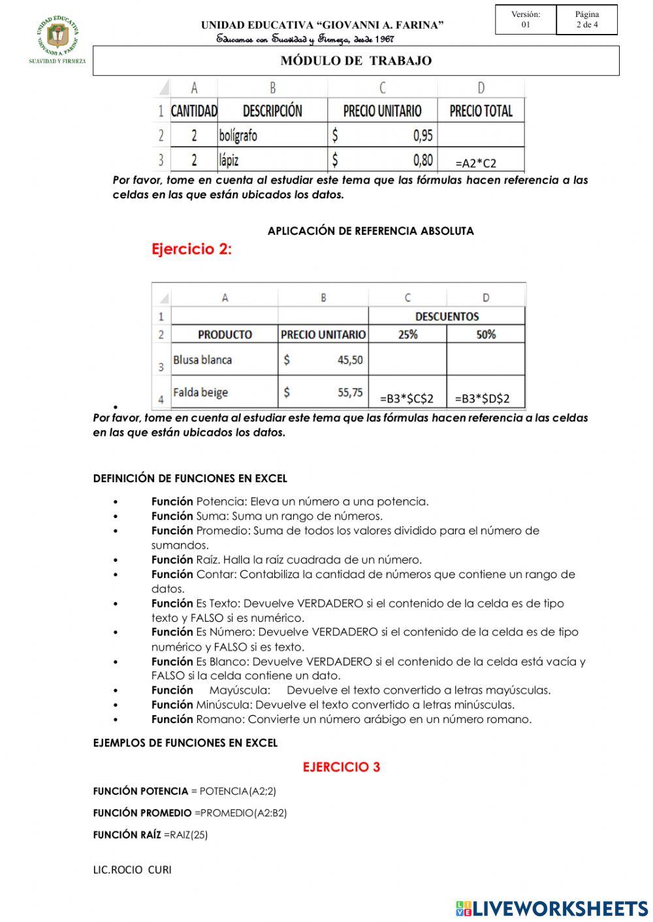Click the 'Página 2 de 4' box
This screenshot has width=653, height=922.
pyautogui.click(x=586, y=20)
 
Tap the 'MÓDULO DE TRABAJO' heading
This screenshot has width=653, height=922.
pyautogui.click(x=356, y=61)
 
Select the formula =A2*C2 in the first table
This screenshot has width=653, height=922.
pyautogui.click(x=475, y=163)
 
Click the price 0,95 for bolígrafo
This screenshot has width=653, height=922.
pyautogui.click(x=422, y=136)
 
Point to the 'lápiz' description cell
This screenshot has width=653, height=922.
pyautogui.click(x=229, y=160)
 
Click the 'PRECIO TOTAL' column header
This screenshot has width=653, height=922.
pyautogui.click(x=481, y=111)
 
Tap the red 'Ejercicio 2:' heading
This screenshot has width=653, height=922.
pyautogui.click(x=191, y=249)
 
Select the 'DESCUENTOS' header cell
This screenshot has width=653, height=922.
pyautogui.click(x=447, y=316)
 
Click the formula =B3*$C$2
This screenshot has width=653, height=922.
pyautogui.click(x=407, y=399)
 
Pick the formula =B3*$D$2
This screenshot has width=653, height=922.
pyautogui.click(x=482, y=399)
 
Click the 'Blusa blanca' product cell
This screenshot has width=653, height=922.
pyautogui.click(x=202, y=360)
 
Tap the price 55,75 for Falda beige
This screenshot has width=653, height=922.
pyautogui.click(x=350, y=392)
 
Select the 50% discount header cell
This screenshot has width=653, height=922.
pyautogui.click(x=486, y=334)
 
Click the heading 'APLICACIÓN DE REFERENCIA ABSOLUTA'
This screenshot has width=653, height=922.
pyautogui.click(x=370, y=231)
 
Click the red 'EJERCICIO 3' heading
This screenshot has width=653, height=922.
pyautogui.click(x=341, y=767)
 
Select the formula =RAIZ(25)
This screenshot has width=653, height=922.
pyautogui.click(x=185, y=835)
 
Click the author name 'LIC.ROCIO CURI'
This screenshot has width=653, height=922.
pyautogui.click(x=132, y=869)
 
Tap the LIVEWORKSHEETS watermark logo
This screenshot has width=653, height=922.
pyautogui.click(x=552, y=908)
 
